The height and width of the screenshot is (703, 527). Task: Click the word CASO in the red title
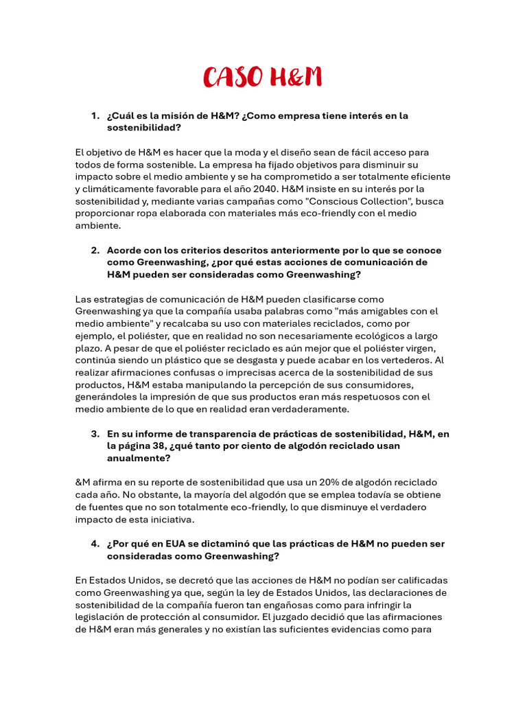pyautogui.click(x=233, y=78)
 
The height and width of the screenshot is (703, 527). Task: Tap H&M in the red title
pyautogui.click(x=294, y=78)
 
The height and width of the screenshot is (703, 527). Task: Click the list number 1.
pyautogui.click(x=95, y=116)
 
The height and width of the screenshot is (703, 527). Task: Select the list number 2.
pyautogui.click(x=95, y=250)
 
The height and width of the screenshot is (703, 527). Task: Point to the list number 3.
pyautogui.click(x=95, y=434)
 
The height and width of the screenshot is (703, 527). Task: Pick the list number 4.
pyautogui.click(x=95, y=544)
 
